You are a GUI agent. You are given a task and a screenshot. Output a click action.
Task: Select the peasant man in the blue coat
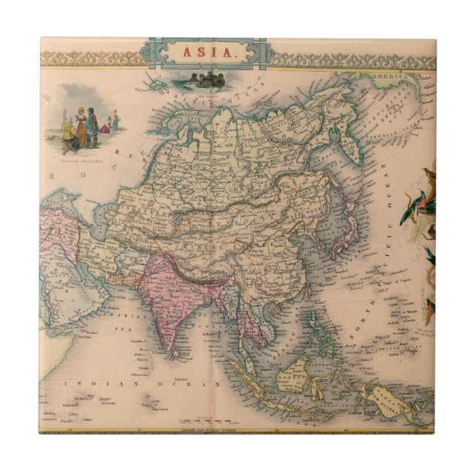[92, 126]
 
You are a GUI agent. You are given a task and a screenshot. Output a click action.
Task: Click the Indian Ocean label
[143, 384]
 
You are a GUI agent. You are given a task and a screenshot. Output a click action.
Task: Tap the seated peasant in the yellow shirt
[69, 133]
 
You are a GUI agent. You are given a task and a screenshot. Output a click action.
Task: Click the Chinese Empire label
[244, 222]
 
